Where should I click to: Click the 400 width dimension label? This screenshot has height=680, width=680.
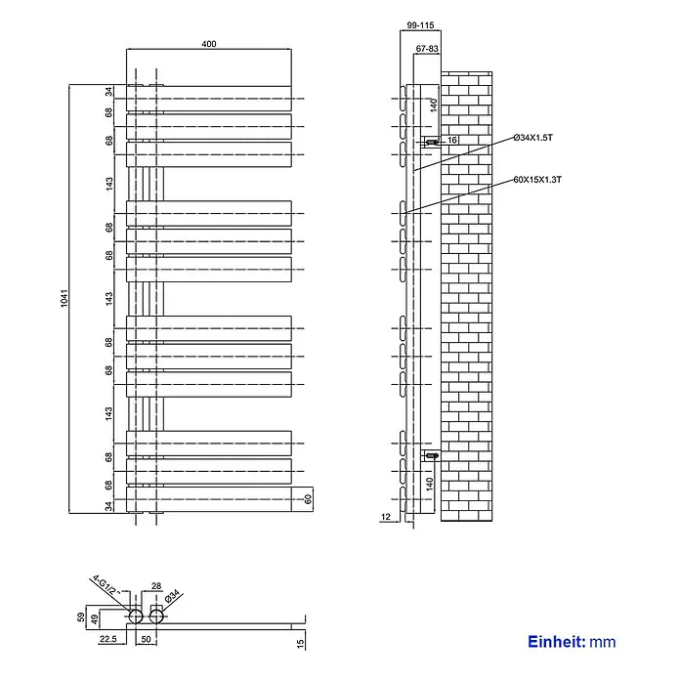209,44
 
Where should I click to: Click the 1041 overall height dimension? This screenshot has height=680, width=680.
64,298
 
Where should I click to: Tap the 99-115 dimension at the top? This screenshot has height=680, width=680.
420,25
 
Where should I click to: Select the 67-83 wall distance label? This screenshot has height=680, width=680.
427,49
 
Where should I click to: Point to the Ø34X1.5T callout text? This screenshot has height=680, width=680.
533,138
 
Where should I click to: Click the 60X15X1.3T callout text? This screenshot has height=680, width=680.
537,180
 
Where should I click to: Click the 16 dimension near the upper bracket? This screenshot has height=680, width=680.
452,140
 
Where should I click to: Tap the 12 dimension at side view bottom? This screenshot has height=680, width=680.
386,517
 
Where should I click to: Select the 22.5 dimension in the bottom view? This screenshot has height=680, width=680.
108,639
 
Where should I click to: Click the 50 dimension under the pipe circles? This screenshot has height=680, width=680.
147,639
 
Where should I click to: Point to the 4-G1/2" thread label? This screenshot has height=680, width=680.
106,586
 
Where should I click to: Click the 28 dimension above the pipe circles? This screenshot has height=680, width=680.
156,586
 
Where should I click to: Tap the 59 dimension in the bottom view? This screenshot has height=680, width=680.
81,617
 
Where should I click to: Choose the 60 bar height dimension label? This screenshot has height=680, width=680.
308,499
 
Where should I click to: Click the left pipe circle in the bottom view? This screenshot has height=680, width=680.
136,616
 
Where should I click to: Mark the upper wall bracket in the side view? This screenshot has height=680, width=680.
431,142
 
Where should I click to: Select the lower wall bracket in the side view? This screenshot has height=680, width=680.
431,455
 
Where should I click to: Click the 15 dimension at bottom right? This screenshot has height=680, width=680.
301,643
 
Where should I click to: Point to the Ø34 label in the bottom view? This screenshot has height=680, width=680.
172,595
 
